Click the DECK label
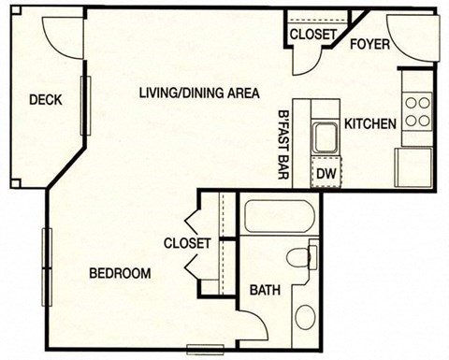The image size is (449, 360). tap(45, 100)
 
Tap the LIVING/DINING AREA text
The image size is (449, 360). tap(198, 92)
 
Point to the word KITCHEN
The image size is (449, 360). tap(370, 123)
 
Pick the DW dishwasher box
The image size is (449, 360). tap(326, 172)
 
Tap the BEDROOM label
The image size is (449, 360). tap(121, 273)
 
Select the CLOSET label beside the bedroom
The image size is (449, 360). tap(187, 243)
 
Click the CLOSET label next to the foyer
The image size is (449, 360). tap(312, 35)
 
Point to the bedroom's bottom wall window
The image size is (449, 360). tap(206, 351)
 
